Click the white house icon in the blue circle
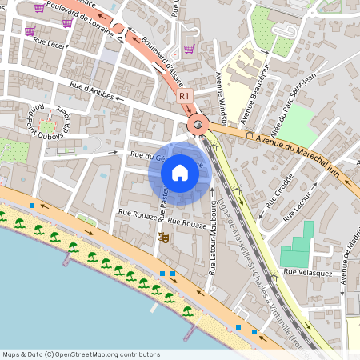(x=180, y=172)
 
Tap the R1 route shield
(x=185, y=96)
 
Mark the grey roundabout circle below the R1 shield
(x=197, y=124)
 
